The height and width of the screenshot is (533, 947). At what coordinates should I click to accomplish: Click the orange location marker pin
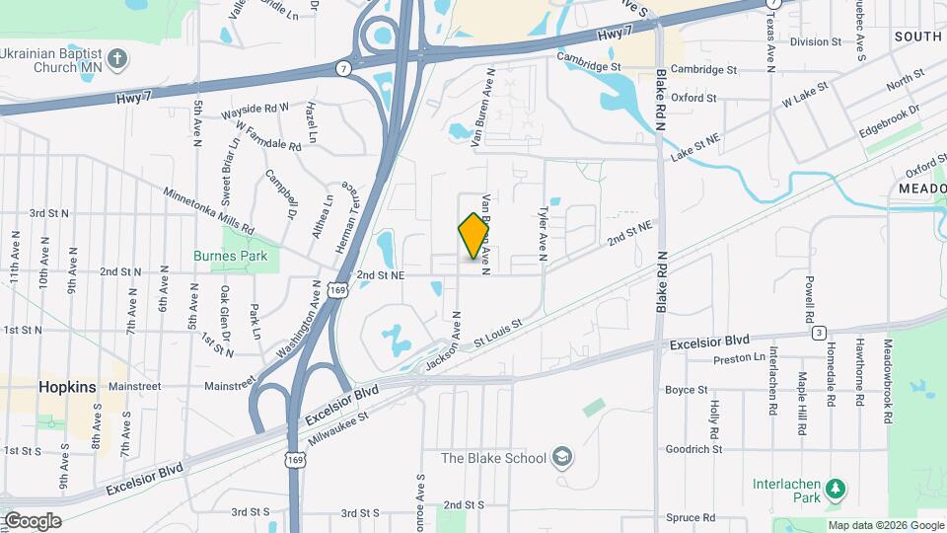pyautogui.click(x=474, y=236)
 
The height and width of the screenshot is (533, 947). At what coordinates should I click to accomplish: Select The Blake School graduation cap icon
pyautogui.click(x=562, y=457)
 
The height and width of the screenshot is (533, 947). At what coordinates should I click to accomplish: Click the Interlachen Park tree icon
pyautogui.click(x=836, y=489)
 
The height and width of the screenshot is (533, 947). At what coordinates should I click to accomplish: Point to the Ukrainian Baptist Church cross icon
pyautogui.click(x=117, y=59)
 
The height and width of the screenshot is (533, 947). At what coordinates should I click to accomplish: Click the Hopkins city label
pyautogui.click(x=67, y=387)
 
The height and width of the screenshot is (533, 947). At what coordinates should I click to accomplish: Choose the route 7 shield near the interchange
pyautogui.click(x=342, y=68)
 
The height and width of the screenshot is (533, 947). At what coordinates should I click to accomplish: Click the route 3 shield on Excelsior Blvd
pyautogui.click(x=818, y=333)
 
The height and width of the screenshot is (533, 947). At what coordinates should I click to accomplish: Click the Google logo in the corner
pyautogui.click(x=32, y=520)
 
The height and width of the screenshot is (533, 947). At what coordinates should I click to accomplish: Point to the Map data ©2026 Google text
pyautogui.click(x=885, y=525)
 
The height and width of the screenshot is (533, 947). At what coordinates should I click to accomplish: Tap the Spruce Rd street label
pyautogui.click(x=692, y=517)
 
